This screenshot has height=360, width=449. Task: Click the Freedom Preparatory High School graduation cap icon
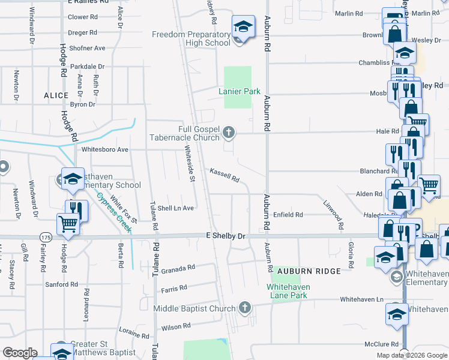click(243, 26)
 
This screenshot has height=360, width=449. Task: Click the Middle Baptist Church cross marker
click(244, 308)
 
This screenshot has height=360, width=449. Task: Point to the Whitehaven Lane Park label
click(287, 291)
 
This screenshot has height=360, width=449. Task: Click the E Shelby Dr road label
click(226, 236)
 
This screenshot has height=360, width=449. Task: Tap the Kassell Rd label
click(224, 175)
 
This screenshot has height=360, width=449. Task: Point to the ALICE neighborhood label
click(56, 95)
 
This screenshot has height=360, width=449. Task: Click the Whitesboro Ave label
click(105, 149)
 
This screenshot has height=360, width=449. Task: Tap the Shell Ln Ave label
click(175, 208)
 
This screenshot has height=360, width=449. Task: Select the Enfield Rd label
click(289, 214)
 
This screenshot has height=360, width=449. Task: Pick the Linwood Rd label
click(333, 215)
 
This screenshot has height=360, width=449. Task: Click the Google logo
click(20, 353)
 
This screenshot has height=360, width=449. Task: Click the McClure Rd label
click(381, 344)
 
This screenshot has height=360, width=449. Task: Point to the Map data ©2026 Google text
click(411, 355)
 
